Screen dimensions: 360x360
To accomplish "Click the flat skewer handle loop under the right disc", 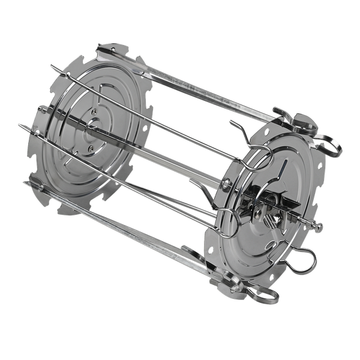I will (x=264, y=294).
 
